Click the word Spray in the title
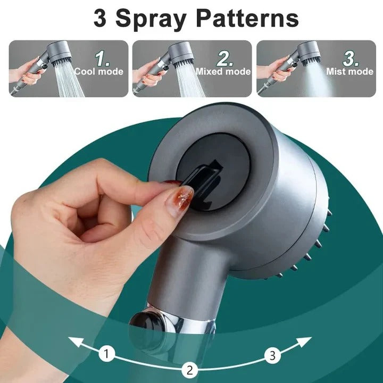click(x=151, y=19)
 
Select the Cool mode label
click(x=98, y=71)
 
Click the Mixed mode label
click(x=223, y=71)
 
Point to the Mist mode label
click(x=350, y=71)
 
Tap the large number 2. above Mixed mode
click(x=226, y=57)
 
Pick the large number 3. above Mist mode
click(x=350, y=57)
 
